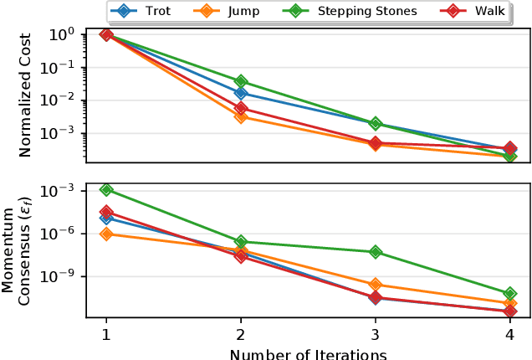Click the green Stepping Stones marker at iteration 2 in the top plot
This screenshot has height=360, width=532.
point(241,82)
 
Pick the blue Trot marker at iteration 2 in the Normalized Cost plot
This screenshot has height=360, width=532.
point(241,93)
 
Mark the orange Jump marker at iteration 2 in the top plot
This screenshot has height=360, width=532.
point(241,117)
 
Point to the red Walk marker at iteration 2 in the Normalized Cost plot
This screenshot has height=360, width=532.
point(241,108)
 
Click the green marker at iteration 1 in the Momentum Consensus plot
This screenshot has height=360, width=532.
point(106,190)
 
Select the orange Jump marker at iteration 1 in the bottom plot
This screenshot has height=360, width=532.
point(106,234)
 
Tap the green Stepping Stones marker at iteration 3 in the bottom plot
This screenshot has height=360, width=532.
point(376,252)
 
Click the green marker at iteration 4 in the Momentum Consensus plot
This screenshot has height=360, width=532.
point(510,294)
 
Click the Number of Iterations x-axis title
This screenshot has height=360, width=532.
point(308,352)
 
